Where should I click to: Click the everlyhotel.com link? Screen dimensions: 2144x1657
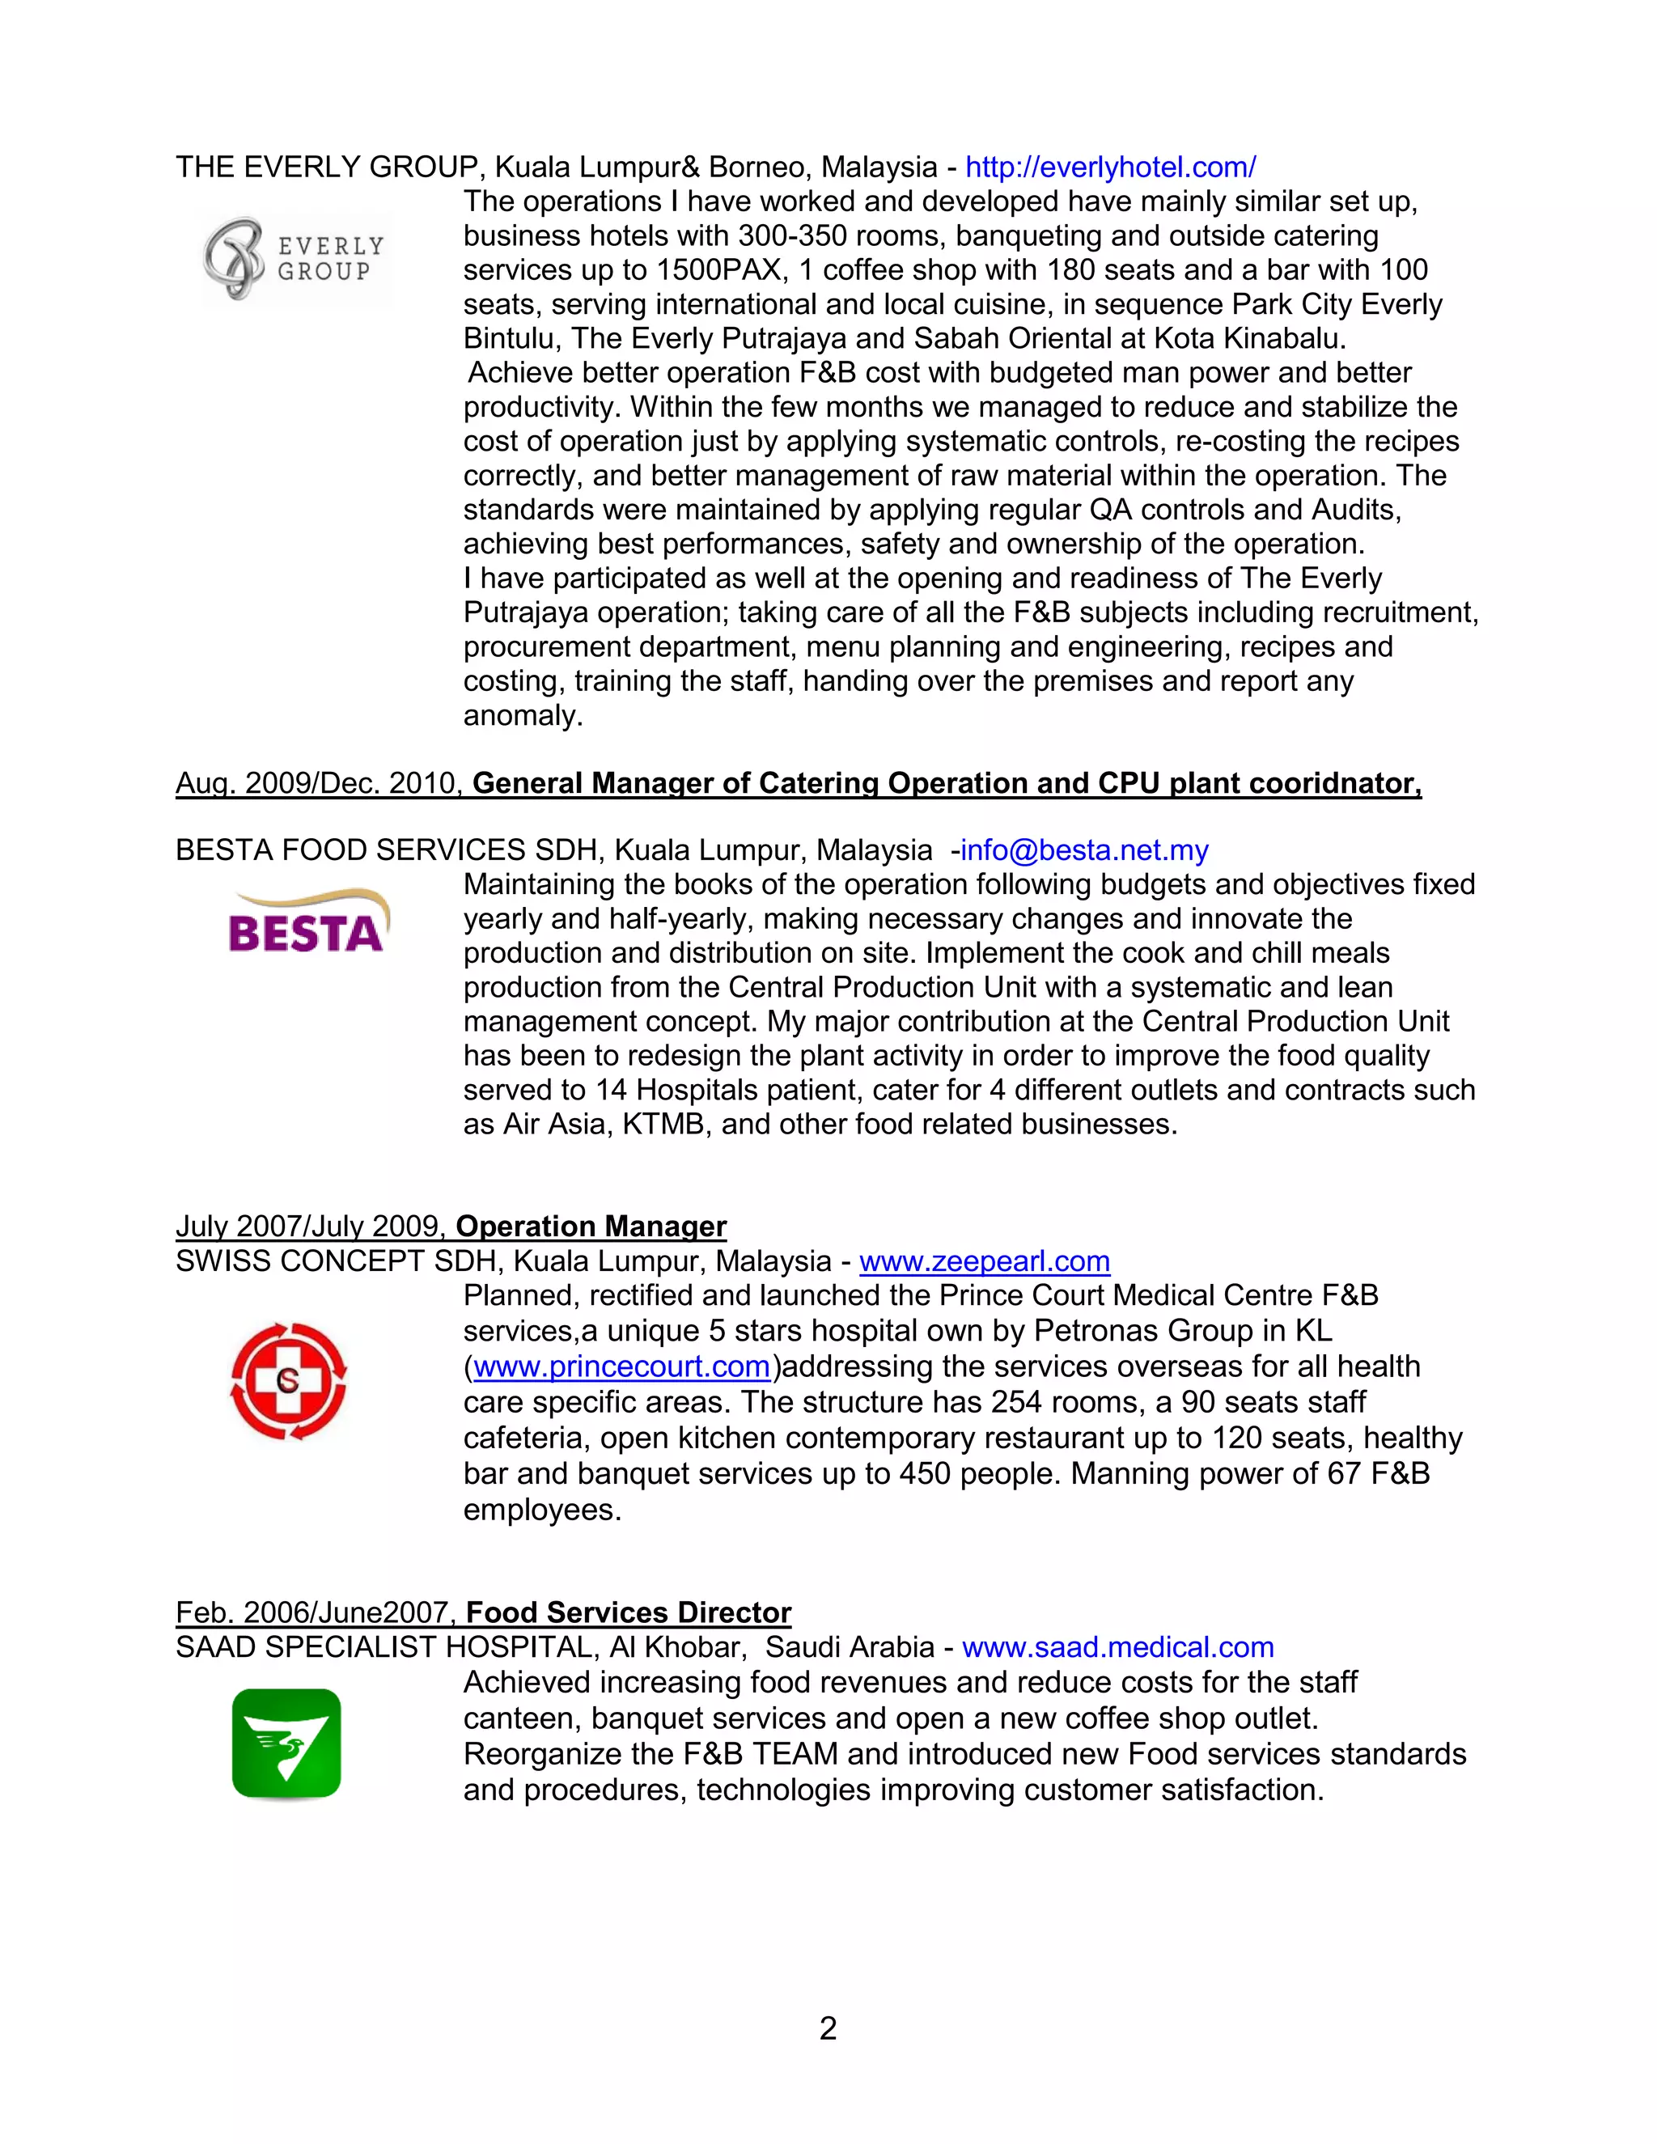1109,167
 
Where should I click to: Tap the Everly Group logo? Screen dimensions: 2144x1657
293,259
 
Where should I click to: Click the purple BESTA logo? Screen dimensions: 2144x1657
307,923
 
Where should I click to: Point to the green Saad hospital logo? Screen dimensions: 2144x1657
286,1743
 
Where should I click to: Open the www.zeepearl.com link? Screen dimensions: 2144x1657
984,1261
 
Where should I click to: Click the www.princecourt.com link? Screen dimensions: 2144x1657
621,1366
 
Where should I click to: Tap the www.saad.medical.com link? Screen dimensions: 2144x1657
1117,1647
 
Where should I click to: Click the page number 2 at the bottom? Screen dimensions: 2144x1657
828,2028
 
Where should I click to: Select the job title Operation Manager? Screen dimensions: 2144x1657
591,1226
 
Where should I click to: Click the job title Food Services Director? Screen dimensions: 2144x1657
628,1613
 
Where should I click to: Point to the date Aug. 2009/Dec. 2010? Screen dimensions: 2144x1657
318,782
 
